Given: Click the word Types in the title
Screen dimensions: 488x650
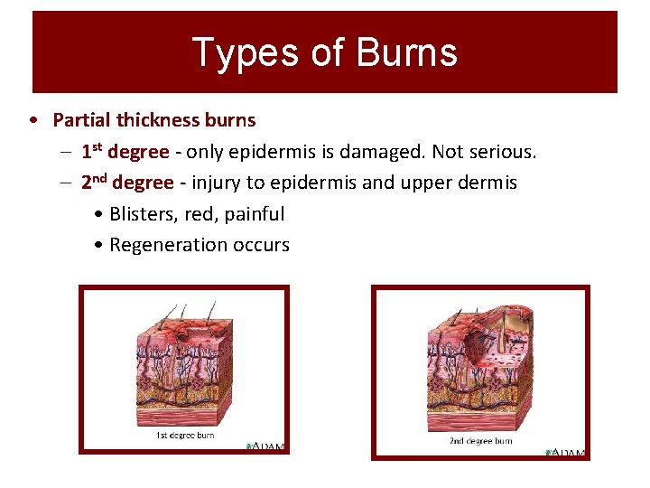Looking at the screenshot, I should (235, 52).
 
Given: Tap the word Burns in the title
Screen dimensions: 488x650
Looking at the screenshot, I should (407, 52).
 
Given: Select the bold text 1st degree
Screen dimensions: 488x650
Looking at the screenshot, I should (125, 152).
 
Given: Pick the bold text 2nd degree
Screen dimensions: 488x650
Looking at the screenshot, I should (126, 183).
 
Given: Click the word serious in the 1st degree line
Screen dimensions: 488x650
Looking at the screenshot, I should (502, 152).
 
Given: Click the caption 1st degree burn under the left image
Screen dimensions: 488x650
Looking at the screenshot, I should (185, 436).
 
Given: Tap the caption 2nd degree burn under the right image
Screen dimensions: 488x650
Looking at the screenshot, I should (480, 441).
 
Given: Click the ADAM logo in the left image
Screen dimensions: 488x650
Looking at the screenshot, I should (268, 446).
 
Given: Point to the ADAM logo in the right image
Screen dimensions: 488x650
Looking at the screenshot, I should (566, 452).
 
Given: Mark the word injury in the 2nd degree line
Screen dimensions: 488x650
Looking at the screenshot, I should (213, 183).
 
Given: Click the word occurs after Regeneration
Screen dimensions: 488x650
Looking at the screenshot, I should (259, 245).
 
